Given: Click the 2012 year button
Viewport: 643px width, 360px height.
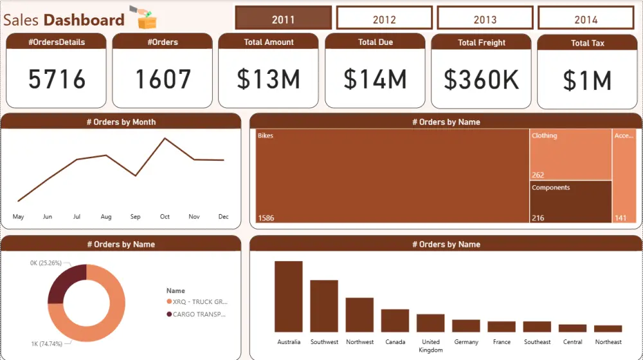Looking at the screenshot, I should (384, 19).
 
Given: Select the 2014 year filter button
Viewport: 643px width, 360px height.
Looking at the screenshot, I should (586, 19).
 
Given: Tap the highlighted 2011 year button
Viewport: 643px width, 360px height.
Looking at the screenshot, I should (283, 19).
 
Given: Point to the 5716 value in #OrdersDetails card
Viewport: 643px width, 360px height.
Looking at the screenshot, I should (57, 80).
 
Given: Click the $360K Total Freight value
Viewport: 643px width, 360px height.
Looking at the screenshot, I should (481, 80).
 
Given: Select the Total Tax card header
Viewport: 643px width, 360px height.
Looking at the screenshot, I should (587, 43).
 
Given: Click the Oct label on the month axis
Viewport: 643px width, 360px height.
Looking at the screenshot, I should (165, 217).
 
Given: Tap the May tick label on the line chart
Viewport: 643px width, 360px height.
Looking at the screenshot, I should (18, 217).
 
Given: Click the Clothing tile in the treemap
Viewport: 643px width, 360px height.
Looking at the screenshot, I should (570, 154).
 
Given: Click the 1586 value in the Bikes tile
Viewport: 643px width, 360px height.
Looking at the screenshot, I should (266, 218).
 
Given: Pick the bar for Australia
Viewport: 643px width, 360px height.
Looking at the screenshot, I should (289, 296).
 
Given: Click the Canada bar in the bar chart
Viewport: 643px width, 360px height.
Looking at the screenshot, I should (395, 320).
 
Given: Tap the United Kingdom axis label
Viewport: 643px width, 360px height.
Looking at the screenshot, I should (430, 346).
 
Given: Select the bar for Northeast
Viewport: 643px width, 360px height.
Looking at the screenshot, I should (608, 328).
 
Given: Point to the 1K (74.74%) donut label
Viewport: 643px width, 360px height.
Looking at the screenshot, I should (46, 344).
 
